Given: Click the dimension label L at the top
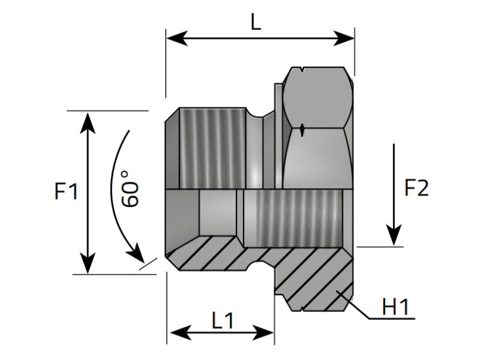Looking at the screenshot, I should tap(256, 23).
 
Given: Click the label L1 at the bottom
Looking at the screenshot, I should tap(222, 320).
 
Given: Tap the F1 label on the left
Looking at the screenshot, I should tap(66, 192).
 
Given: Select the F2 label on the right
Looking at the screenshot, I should tap(416, 188).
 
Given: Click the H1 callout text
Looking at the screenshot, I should tap(395, 308).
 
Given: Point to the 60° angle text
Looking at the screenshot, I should tap(130, 188).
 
